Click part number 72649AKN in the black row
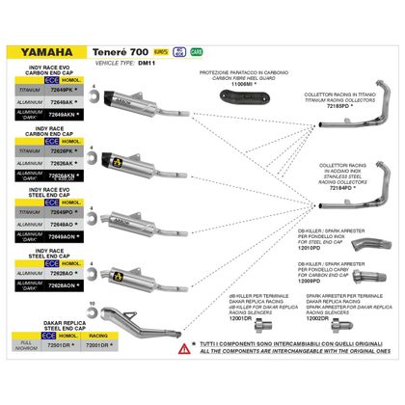pyautogui.click(x=62, y=114)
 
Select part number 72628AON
pyautogui.click(x=62, y=286)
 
